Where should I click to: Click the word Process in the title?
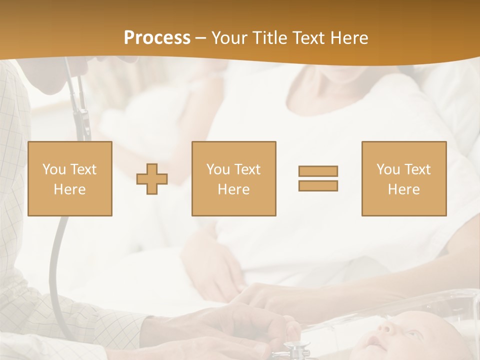[157, 38]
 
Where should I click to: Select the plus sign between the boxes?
[152, 179]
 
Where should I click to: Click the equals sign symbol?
[318, 178]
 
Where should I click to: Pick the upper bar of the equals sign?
[318, 171]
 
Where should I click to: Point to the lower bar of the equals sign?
[318, 186]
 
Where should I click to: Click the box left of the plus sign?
[70, 178]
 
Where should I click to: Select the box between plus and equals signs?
[233, 178]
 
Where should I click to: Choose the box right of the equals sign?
[403, 178]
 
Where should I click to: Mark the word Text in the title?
[307, 38]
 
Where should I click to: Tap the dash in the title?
[201, 38]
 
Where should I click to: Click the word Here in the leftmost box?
[70, 189]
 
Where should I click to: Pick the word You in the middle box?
[218, 169]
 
